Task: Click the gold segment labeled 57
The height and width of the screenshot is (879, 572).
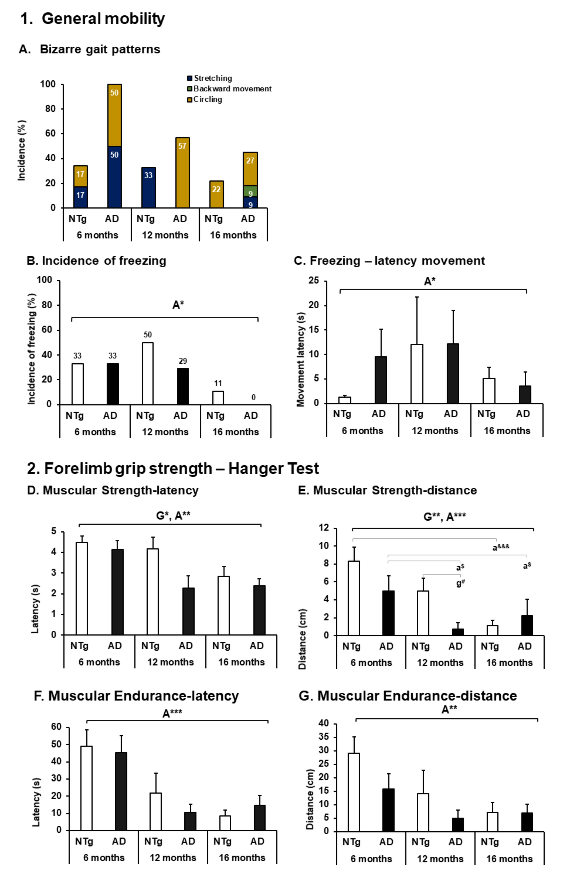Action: tap(182, 173)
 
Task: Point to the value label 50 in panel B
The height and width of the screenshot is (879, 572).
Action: tap(148, 335)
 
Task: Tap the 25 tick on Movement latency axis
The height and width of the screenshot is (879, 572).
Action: tap(314, 281)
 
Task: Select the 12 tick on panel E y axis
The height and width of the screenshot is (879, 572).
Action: tap(324, 528)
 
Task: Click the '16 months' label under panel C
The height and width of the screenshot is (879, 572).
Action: tap(507, 431)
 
